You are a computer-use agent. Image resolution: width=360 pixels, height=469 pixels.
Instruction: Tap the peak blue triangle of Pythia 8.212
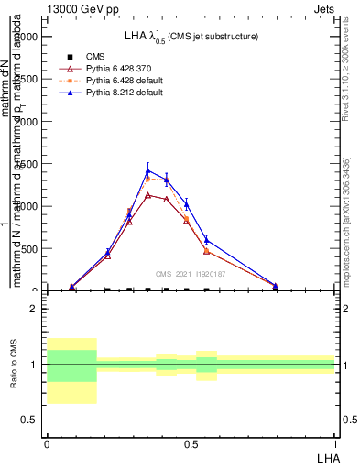pos(148,170)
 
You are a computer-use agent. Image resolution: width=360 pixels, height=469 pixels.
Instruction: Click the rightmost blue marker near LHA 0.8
pos(276,286)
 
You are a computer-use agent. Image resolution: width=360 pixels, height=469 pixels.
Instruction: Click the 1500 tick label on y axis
pos(30,164)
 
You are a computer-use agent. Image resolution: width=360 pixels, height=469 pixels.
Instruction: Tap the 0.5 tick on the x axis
pos(191,443)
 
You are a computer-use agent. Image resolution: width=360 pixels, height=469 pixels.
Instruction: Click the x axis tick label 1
pos(334,443)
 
